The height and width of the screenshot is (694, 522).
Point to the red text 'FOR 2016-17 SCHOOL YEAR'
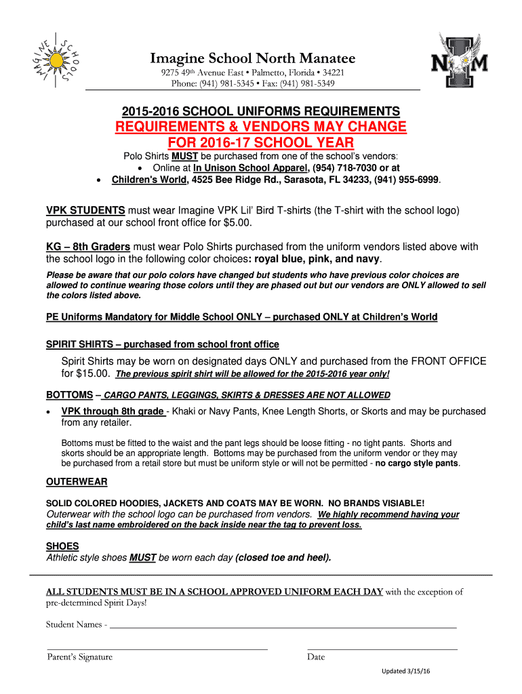[260, 142]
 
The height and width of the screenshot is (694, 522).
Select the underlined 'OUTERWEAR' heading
[76, 482]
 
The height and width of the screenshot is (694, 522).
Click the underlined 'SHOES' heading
[62, 546]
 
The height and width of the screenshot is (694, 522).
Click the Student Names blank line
[282, 626]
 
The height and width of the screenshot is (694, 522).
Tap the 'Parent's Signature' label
[80, 657]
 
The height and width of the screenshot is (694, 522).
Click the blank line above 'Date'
[382, 649]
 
